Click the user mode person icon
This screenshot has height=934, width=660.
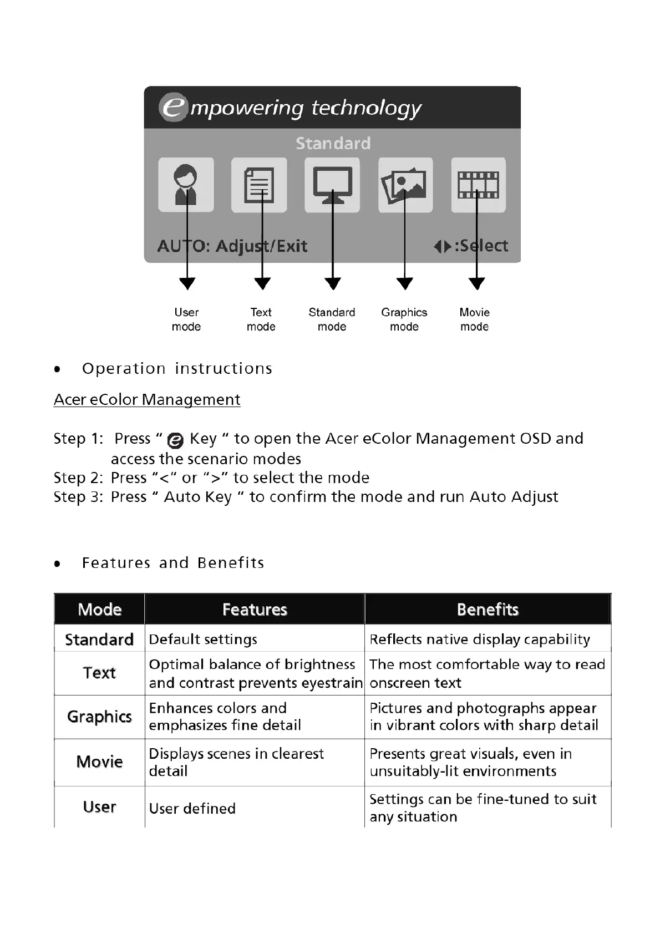click(186, 185)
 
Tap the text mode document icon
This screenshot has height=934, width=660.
click(259, 185)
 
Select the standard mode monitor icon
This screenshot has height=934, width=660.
click(332, 185)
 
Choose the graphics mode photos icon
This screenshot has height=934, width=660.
click(405, 185)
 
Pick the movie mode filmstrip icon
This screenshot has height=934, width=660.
click(478, 185)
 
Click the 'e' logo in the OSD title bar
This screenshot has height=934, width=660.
click(173, 107)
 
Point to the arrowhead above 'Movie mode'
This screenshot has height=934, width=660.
click(476, 283)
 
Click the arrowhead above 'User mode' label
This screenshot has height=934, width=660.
click(187, 283)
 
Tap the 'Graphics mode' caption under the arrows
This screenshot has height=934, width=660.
click(404, 319)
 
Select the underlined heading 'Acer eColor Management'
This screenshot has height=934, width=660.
click(147, 399)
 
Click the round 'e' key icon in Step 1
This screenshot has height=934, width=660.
click(175, 440)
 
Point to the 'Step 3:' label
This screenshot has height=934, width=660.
click(78, 497)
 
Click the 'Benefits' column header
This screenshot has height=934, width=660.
click(488, 610)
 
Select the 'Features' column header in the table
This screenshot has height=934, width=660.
click(255, 610)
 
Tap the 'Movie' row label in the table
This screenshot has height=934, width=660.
click(99, 762)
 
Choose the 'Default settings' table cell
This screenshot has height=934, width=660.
click(203, 639)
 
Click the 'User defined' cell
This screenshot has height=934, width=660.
click(192, 809)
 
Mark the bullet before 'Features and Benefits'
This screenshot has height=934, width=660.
click(57, 564)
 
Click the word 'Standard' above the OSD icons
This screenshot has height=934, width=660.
click(333, 144)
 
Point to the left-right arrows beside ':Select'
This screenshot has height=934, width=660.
click(442, 246)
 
